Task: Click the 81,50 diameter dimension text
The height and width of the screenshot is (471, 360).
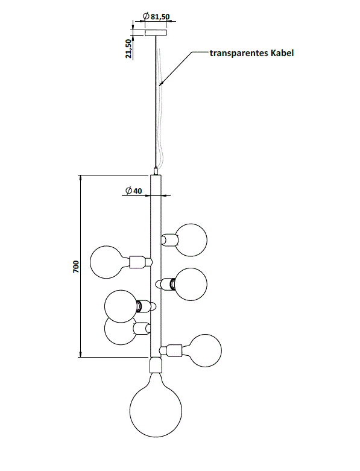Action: (x=160, y=16)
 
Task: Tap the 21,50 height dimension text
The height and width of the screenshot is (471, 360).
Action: (x=129, y=49)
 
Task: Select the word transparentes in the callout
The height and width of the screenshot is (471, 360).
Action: (x=239, y=53)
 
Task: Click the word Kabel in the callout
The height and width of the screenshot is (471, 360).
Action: (x=282, y=53)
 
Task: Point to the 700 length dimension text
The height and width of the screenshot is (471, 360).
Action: (x=76, y=267)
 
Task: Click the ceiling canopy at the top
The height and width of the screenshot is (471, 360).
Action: (x=156, y=33)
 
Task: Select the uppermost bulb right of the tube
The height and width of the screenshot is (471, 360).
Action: (x=191, y=240)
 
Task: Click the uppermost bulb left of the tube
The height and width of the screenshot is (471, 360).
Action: (x=107, y=262)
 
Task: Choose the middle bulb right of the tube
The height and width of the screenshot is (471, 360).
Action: (x=191, y=284)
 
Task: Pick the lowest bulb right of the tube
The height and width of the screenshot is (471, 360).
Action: (x=206, y=350)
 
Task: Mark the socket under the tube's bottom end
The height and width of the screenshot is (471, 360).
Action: (x=156, y=365)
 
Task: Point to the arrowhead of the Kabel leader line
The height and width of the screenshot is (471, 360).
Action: (x=161, y=84)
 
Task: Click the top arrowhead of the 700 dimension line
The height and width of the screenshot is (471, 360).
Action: (x=80, y=178)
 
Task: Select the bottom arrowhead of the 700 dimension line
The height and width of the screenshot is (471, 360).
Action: (x=80, y=354)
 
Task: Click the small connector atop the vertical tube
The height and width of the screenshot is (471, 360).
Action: (x=156, y=171)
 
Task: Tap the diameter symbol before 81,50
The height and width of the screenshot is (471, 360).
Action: (x=146, y=16)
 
